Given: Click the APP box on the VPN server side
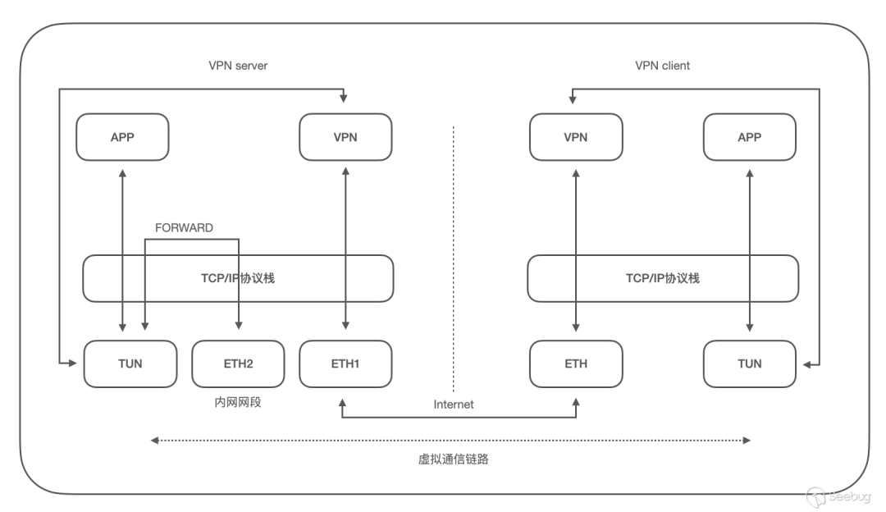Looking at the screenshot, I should click(x=122, y=137).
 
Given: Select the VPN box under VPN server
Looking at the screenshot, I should click(x=346, y=137).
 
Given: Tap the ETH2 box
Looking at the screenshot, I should click(x=238, y=363).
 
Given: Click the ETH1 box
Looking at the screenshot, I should click(x=346, y=363).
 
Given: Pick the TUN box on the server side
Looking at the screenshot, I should click(x=130, y=363).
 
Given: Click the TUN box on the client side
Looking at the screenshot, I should click(x=750, y=363).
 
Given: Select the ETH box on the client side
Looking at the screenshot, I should click(x=576, y=363).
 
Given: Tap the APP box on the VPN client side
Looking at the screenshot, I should click(x=750, y=137).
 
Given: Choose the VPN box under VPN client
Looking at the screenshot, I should click(x=576, y=137).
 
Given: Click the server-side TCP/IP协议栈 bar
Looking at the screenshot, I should click(x=238, y=278).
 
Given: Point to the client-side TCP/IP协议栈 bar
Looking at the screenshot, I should click(x=663, y=278).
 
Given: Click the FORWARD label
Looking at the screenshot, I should click(x=184, y=228).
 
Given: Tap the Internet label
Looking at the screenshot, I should click(x=454, y=405).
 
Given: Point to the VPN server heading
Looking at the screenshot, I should click(x=238, y=66).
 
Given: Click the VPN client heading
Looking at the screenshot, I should click(x=663, y=66).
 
